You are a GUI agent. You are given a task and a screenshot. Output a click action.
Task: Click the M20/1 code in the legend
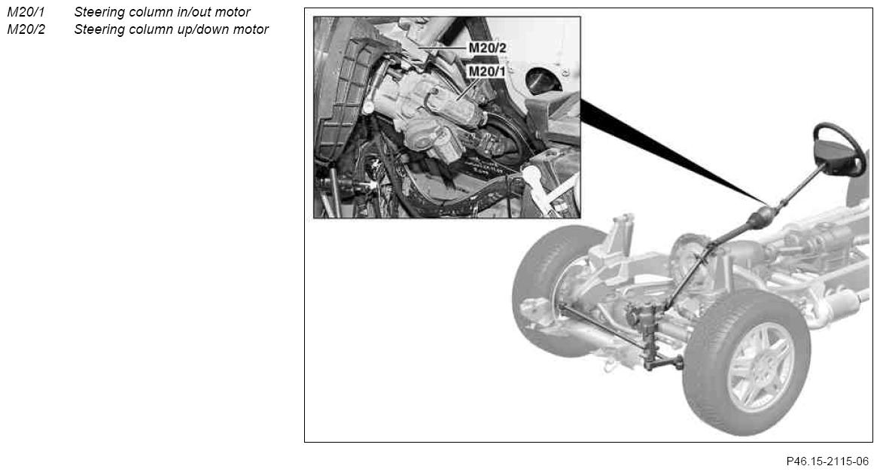pos(26,12)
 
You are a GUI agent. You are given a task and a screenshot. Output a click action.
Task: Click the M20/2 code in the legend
pos(26,29)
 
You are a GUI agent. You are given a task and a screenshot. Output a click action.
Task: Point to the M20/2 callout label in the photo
pos(487,47)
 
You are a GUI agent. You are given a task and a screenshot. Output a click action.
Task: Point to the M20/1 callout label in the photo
pos(486,72)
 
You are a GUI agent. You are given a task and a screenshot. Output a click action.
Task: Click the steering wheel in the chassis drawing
pos(839,149)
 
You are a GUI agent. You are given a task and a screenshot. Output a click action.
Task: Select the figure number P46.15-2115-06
pos(827,461)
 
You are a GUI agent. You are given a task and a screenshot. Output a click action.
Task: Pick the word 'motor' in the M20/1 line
pos(233,12)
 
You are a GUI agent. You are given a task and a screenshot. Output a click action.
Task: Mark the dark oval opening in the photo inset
pos(544,81)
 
